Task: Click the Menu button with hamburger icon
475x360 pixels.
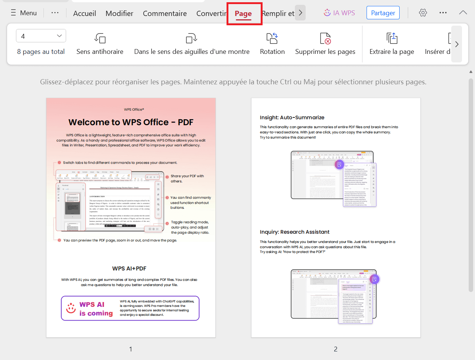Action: [x=24, y=13]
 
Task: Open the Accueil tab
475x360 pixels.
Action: [x=84, y=13]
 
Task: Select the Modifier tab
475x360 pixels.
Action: [x=119, y=13]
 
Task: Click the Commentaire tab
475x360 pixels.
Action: [x=165, y=13]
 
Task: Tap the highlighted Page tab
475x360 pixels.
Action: [x=243, y=14]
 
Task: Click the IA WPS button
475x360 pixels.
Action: [x=339, y=13]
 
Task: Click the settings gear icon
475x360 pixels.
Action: [x=423, y=13]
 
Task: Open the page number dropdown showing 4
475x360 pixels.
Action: [x=41, y=36]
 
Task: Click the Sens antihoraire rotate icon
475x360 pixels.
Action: [x=100, y=38]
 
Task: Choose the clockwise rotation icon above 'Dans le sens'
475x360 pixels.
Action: [x=191, y=38]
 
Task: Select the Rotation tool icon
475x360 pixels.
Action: [x=272, y=38]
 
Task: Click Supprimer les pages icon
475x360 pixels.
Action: [x=325, y=38]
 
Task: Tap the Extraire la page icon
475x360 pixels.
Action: [x=391, y=38]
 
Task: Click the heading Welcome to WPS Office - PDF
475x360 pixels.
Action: [x=131, y=122]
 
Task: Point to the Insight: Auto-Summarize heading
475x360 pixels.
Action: [x=292, y=117]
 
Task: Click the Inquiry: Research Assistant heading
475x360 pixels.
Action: [x=295, y=232]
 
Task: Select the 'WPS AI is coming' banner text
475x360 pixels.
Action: [x=96, y=309]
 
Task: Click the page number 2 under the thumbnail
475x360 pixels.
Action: [x=335, y=349]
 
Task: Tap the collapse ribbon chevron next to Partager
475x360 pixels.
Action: [x=463, y=13]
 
